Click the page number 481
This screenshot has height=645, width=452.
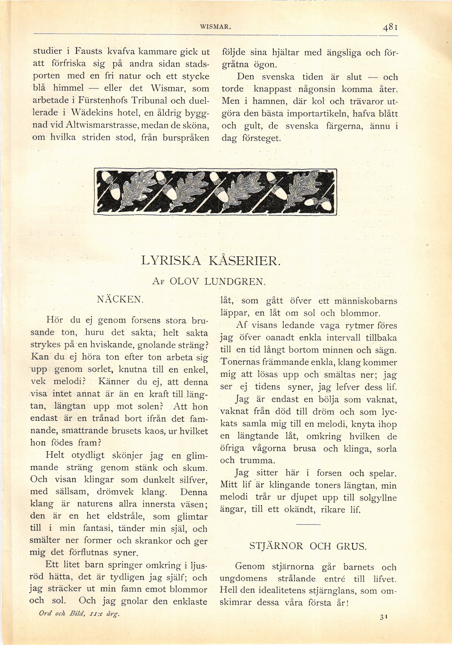tap(390, 28)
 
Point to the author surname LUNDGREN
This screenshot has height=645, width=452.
tap(235, 281)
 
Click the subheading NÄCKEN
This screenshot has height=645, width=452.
tap(120, 299)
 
